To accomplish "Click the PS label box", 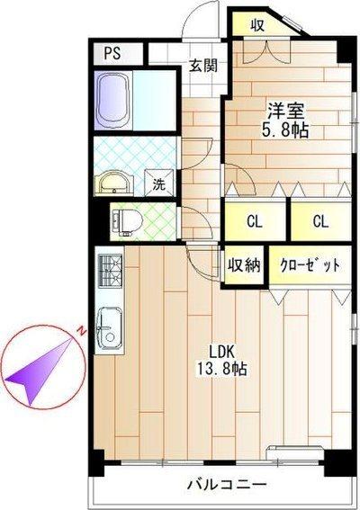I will pos(112,52).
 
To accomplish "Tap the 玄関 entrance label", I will pos(203,65).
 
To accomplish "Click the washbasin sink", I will pos(114,183).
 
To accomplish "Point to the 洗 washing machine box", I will pos(158,185).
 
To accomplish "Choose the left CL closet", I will pos(255,221).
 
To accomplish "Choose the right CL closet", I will pos(320,221).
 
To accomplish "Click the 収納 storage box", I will pos(243,265).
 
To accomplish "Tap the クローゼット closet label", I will pos(308,266).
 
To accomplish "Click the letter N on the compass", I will pos(81,330).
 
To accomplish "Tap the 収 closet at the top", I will pos(257,24).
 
